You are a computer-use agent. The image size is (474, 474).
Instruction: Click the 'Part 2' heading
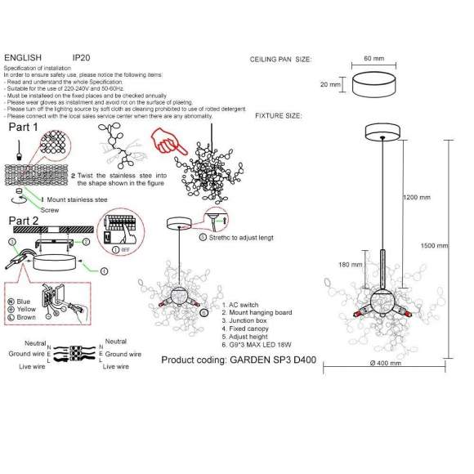pyautogui.click(x=25, y=221)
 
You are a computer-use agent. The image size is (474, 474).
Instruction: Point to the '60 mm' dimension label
pyautogui.click(x=373, y=59)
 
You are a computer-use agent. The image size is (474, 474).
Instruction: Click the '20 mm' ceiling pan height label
pyautogui.click(x=330, y=84)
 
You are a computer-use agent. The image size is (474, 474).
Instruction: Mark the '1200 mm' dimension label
pyautogui.click(x=418, y=197)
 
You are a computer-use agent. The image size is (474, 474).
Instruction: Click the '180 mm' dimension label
pyautogui.click(x=351, y=264)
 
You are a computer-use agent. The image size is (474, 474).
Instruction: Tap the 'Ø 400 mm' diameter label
pyautogui.click(x=385, y=363)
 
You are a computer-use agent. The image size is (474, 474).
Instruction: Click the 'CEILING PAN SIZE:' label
pyautogui.click(x=280, y=60)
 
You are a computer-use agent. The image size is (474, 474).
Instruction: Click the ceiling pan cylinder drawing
pyautogui.click(x=374, y=84)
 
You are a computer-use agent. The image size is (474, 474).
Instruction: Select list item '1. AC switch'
pyautogui.click(x=241, y=305)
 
